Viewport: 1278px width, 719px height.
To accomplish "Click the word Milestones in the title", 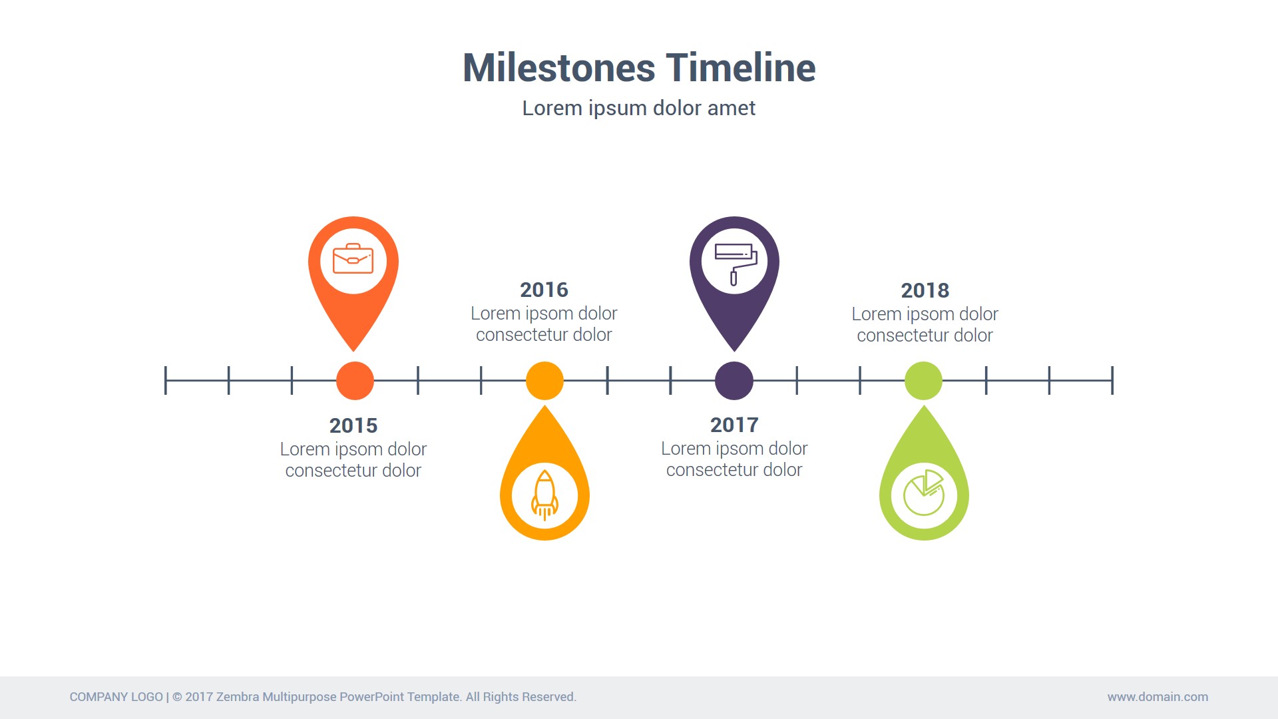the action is click(559, 68).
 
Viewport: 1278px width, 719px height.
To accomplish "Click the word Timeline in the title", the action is click(741, 68).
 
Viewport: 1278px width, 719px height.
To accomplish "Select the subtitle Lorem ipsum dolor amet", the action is click(639, 109).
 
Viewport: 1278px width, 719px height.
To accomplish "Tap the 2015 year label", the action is click(353, 425).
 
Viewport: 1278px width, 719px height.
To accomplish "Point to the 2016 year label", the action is click(544, 290).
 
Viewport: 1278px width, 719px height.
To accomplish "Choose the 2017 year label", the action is click(734, 425).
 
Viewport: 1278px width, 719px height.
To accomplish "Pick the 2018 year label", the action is click(925, 290).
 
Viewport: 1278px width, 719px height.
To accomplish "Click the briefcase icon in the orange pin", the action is click(353, 258).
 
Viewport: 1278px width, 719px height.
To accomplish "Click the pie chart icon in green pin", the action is click(924, 493).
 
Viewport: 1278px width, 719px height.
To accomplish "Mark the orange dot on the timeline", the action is click(355, 381).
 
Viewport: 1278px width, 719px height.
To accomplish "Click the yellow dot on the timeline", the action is click(544, 381).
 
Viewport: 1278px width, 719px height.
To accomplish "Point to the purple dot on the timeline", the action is click(734, 381).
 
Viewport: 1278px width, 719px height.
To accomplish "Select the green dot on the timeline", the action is click(923, 381).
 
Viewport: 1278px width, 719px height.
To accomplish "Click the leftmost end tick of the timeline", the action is click(166, 380).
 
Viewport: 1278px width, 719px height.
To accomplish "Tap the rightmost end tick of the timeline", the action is click(1112, 380).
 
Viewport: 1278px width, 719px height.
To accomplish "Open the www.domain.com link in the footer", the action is click(1158, 697).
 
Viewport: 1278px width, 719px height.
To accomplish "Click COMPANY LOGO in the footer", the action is click(116, 697).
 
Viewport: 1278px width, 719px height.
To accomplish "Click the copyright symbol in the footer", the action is click(177, 697).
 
